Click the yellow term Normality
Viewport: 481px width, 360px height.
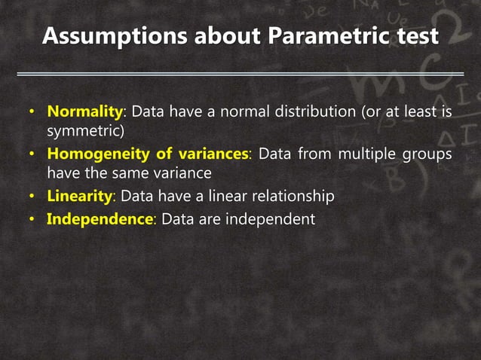click(84, 112)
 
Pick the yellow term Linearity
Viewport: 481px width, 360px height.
click(79, 197)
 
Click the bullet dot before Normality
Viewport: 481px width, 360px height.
click(32, 113)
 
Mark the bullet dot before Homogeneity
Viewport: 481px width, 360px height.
click(32, 155)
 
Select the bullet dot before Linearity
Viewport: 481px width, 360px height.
click(32, 197)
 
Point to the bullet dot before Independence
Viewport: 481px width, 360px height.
click(32, 220)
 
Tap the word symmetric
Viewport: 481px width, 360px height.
click(84, 133)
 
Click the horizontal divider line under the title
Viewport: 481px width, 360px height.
click(240, 74)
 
